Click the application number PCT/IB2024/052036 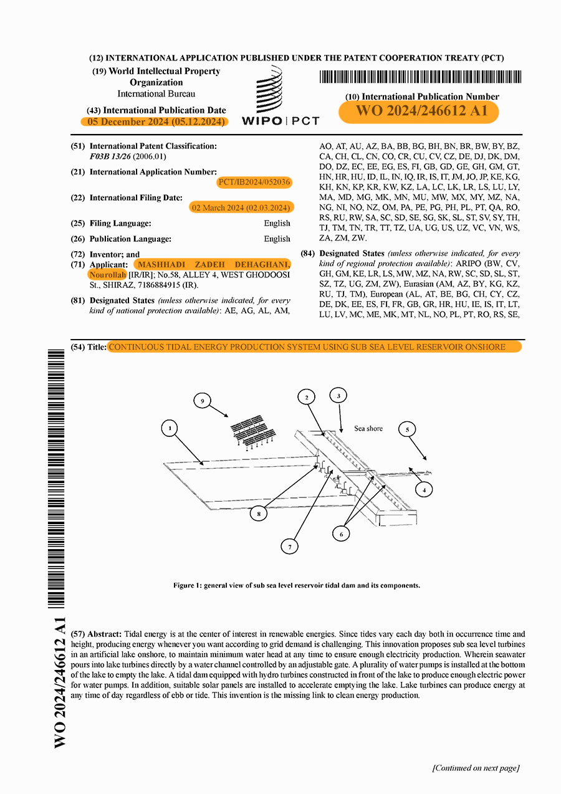(254, 182)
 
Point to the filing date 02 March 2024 (242, 208)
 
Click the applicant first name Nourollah (108, 275)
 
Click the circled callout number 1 (170, 428)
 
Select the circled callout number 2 (307, 397)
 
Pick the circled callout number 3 (338, 395)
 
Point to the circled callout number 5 (407, 429)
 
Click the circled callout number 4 (424, 490)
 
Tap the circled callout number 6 (341, 533)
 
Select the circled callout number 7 (289, 547)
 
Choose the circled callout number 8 (259, 514)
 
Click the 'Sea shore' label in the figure (368, 429)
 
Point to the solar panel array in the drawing (252, 430)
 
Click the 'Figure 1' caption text (297, 585)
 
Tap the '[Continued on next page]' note (476, 768)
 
